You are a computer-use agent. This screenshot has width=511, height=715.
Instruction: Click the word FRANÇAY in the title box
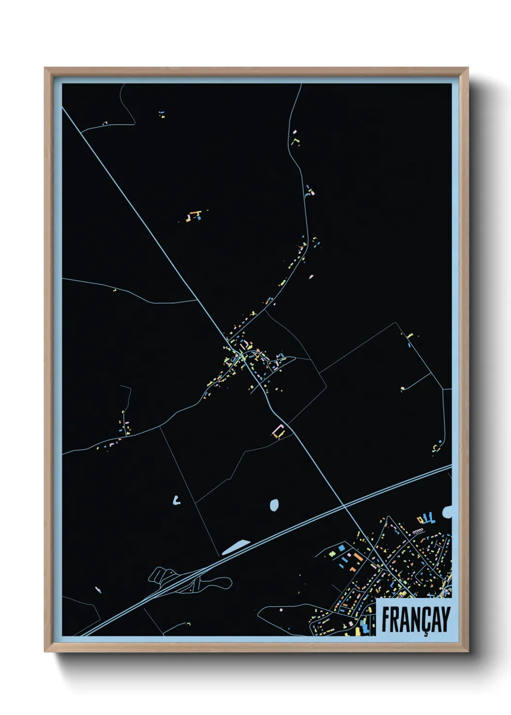[x=416, y=619]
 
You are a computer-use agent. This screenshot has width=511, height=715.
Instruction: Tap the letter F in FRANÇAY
[x=386, y=619]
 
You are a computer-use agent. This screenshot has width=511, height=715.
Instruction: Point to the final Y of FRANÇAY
[x=445, y=619]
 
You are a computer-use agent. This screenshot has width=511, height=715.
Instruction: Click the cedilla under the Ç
[x=425, y=633]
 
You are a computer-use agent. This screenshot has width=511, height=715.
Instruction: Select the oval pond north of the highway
[x=274, y=505]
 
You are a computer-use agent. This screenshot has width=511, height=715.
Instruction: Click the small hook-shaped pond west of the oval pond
[x=176, y=501]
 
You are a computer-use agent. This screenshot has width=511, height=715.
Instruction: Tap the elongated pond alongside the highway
[x=236, y=547]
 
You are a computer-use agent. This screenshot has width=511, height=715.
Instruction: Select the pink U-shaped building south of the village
[x=279, y=430]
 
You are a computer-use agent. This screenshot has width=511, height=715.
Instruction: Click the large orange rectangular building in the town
[x=358, y=557]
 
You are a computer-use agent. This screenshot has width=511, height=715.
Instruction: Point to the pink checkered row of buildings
[x=418, y=531]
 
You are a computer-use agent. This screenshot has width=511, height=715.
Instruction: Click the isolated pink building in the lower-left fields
[x=98, y=589]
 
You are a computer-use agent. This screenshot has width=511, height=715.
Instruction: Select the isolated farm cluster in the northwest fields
[x=194, y=215]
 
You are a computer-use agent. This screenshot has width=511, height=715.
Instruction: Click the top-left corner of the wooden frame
[x=46, y=69]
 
